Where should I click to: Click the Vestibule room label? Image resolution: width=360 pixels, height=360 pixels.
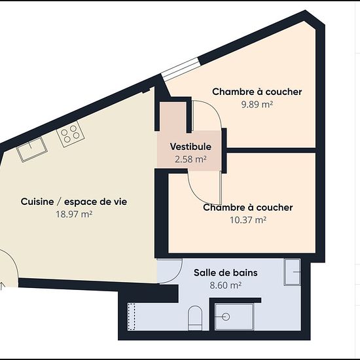pos(190,147)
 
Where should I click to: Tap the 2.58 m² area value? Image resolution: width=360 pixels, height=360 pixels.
pos(190,159)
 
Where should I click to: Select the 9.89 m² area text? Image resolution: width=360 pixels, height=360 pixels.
pos(257,105)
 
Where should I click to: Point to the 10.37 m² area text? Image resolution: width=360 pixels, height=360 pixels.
pos(248,220)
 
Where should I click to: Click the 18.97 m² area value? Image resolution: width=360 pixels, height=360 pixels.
pos(74,214)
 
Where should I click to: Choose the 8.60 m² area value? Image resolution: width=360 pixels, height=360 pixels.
pos(225,285)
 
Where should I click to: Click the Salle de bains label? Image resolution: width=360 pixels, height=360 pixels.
pos(225,273)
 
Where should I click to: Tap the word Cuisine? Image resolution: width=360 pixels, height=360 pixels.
pos(37,202)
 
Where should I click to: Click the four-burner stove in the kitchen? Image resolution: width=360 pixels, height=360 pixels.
pos(70,134)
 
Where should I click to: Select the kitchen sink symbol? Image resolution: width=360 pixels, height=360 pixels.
pos(32,149)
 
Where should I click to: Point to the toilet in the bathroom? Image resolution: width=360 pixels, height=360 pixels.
pos(195,318)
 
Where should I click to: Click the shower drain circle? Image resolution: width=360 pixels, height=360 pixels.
pos(226,317)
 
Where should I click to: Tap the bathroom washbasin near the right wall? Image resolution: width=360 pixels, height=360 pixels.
pos(292,272)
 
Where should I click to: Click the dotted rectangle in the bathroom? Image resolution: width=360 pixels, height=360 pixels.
pos(132,317)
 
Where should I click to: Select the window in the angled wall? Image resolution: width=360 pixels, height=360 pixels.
pos(180,69)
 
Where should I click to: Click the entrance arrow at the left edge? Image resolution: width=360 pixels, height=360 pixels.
pos(3,286)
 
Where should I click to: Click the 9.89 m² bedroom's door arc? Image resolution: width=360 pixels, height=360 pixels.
pos(213,110)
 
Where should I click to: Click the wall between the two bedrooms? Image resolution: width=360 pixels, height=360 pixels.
pos(271,151)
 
